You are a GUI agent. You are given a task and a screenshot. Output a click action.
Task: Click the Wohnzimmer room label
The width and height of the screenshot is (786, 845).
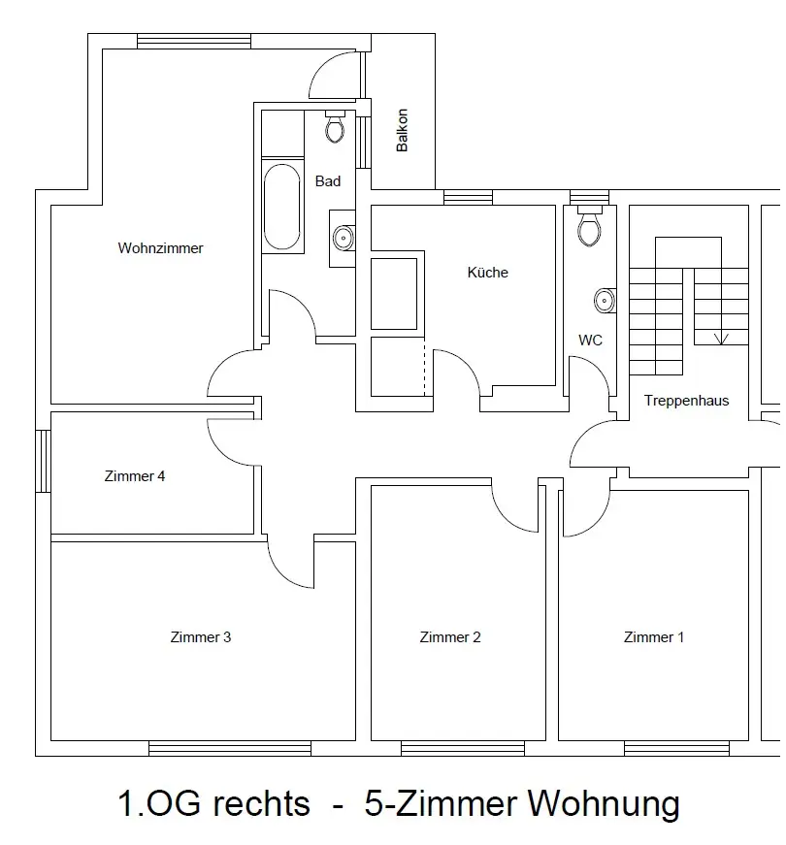[x=161, y=248]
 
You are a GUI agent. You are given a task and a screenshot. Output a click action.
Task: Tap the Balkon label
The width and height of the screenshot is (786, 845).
[x=403, y=130]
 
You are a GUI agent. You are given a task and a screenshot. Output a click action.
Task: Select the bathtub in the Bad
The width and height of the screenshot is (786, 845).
[x=282, y=206]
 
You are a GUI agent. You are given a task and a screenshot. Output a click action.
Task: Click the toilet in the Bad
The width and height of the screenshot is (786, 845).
[x=335, y=127]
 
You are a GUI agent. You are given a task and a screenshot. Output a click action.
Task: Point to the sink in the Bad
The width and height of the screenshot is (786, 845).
[x=343, y=237]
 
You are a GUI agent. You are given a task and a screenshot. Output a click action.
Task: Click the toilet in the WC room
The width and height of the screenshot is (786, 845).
[x=588, y=228]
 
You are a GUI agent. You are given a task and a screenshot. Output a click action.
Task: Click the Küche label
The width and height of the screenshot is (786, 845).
[x=487, y=273]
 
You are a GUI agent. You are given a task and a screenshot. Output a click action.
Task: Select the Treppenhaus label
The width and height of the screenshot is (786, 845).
[x=686, y=401]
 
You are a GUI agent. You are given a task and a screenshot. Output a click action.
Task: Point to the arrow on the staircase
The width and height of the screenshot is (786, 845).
[x=721, y=339]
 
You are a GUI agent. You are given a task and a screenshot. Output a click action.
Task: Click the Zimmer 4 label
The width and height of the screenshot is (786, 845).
[x=135, y=476]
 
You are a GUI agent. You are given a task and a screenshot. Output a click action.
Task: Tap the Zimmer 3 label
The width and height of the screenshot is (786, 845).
[x=201, y=637]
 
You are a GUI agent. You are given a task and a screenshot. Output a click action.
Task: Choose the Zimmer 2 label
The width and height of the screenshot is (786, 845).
[x=450, y=637]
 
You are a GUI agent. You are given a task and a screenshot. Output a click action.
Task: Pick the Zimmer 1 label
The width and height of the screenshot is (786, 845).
[x=654, y=637]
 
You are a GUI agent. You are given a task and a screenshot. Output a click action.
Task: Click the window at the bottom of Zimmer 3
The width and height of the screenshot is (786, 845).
[x=230, y=748]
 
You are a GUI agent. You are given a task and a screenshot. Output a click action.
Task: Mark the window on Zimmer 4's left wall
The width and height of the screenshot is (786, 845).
[x=43, y=461]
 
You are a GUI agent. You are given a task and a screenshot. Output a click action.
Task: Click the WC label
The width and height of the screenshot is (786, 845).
[x=590, y=341]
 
